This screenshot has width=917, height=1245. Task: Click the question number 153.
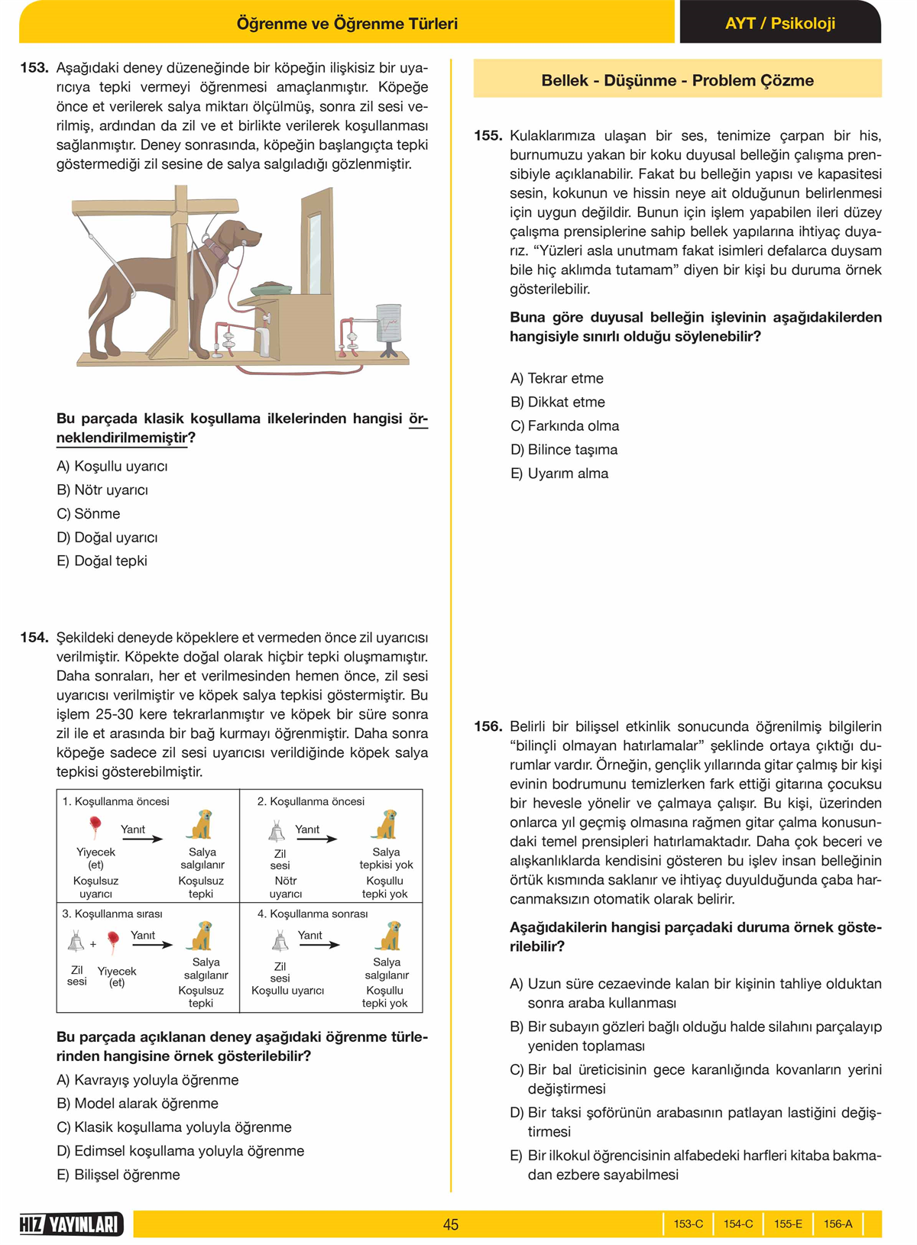(x=34, y=68)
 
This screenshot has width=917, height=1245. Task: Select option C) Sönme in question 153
(x=89, y=513)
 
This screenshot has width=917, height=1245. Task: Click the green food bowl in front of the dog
(x=271, y=288)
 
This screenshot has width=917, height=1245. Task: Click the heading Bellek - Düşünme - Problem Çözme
(x=677, y=80)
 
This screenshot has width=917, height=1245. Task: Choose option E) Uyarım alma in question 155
(x=559, y=474)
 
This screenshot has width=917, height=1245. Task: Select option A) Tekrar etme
(x=556, y=378)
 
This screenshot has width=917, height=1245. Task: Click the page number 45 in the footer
(x=451, y=1224)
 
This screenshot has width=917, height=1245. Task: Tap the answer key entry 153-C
(x=688, y=1224)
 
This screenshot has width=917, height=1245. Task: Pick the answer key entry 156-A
(x=838, y=1224)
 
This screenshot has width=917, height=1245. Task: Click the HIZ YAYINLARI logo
(x=71, y=1224)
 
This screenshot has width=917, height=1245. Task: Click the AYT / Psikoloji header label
(x=779, y=23)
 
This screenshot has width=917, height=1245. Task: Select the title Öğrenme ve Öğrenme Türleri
(x=347, y=24)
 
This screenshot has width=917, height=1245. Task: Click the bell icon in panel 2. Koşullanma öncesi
(x=277, y=831)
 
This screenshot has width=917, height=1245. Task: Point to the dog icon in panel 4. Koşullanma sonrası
(x=389, y=936)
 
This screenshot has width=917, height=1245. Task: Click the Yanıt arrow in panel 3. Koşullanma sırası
(x=153, y=946)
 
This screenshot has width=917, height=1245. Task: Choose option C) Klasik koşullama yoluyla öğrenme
(x=174, y=1127)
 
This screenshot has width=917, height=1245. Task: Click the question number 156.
(x=488, y=726)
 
